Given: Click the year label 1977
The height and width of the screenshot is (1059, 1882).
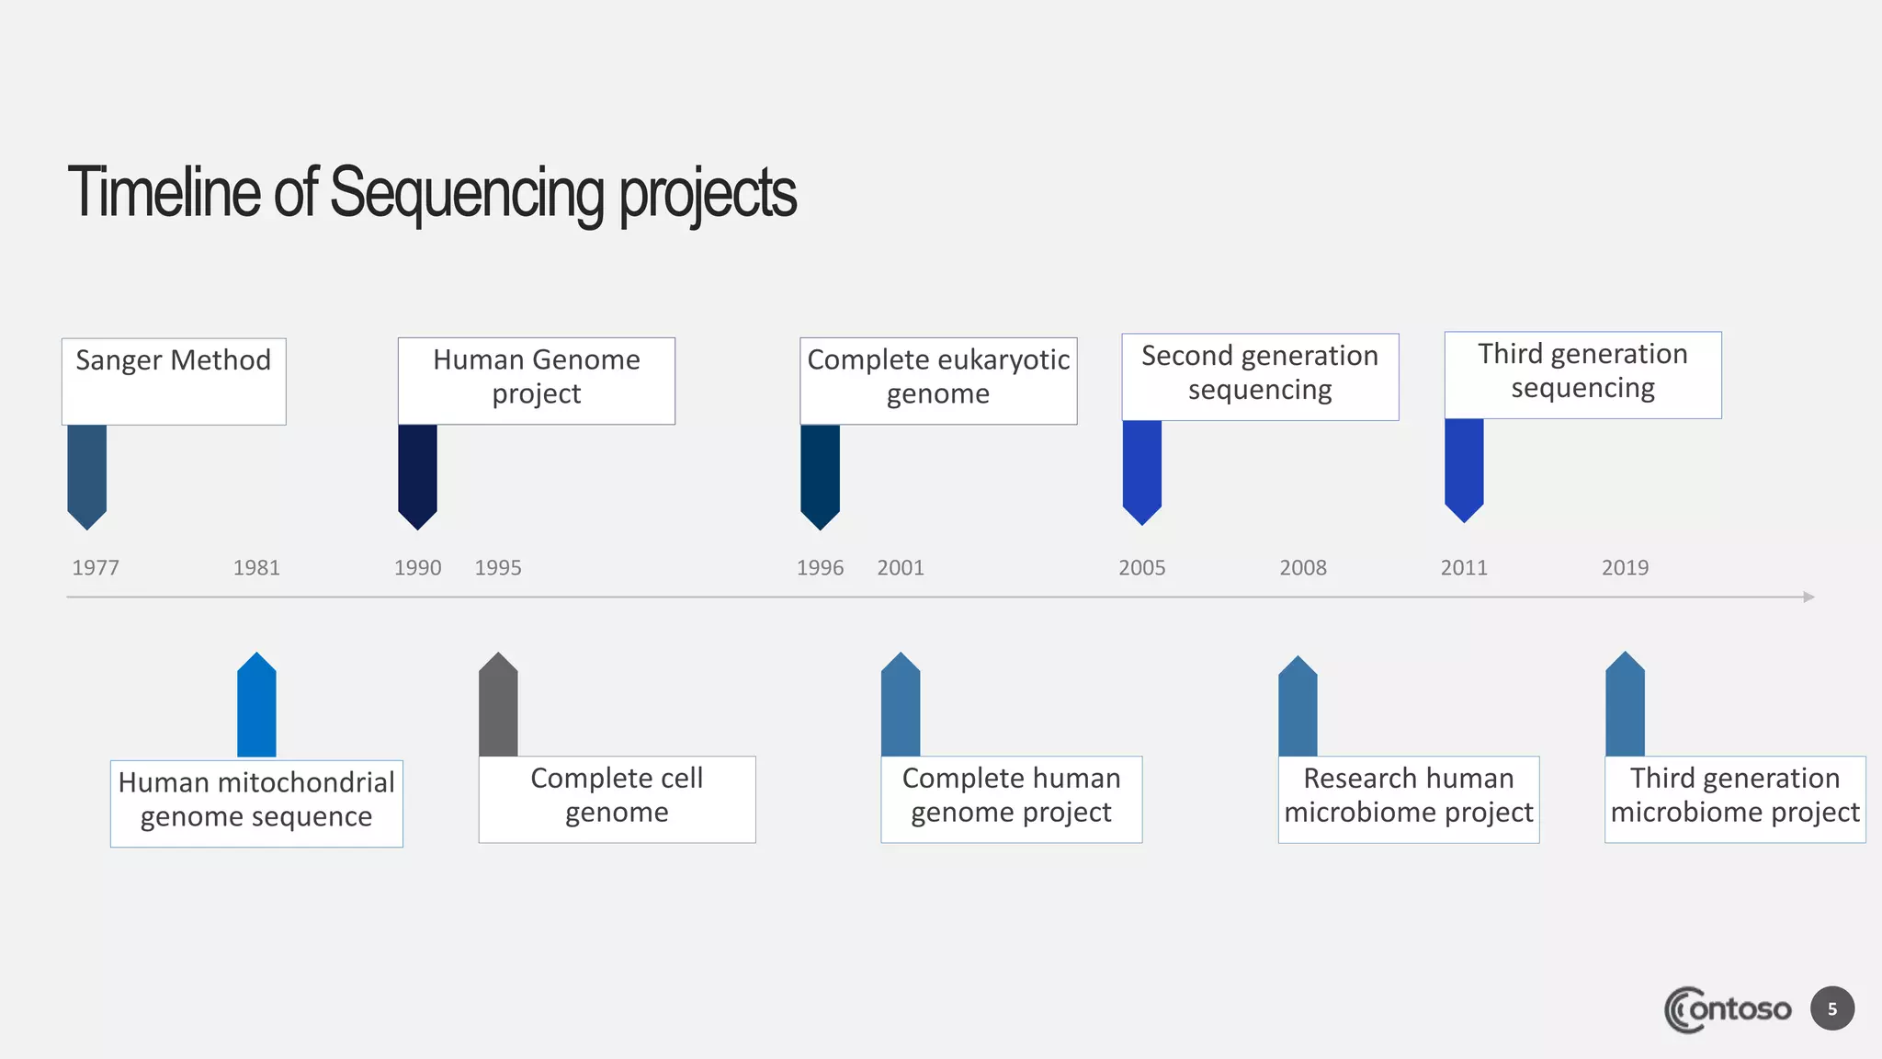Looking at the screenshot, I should (x=96, y=567).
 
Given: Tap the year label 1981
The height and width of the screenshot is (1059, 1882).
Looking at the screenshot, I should (x=256, y=567).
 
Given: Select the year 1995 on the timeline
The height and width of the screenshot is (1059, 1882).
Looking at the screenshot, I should (x=498, y=567).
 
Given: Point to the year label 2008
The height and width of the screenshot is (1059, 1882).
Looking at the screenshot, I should (x=1303, y=567).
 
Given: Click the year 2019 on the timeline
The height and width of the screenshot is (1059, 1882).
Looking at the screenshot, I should (x=1625, y=567).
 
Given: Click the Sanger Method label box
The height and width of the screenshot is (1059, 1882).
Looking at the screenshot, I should (x=174, y=381).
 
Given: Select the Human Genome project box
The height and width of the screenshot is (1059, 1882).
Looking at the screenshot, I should (x=537, y=380).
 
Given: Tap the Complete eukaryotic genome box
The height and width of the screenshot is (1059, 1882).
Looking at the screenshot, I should (x=938, y=380).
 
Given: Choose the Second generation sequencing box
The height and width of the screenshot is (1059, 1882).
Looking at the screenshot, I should (x=1260, y=376).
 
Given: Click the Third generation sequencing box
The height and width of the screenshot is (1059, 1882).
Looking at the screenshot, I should (x=1582, y=374).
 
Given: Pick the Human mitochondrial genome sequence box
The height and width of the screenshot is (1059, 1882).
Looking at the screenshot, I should (x=256, y=803).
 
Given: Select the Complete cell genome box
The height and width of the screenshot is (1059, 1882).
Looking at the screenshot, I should (x=617, y=798).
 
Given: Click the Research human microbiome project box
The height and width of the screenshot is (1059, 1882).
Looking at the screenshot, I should (x=1408, y=798).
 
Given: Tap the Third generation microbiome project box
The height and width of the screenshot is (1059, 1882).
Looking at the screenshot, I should (x=1734, y=798).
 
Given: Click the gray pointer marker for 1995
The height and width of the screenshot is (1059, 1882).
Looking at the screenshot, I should (x=498, y=706).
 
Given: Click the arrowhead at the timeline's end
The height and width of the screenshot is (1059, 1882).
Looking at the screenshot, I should (x=1808, y=597).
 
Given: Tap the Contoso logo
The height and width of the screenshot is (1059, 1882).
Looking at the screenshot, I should (x=1728, y=1009).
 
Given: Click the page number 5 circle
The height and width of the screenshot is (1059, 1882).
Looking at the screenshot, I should (x=1832, y=1008).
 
